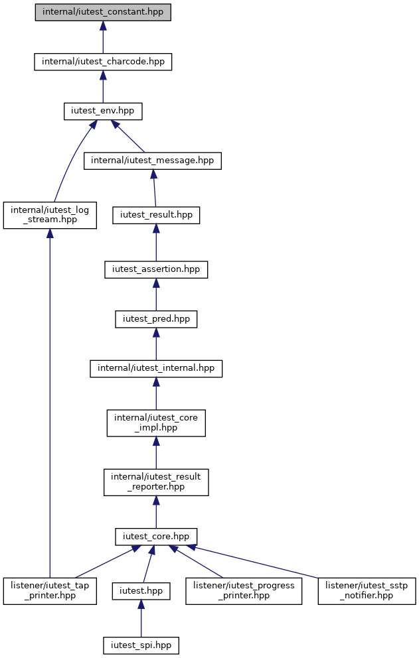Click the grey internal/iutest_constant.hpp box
pos(103,12)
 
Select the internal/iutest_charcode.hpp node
pos(103,62)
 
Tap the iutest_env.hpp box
pos(103,111)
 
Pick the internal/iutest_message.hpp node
pos(153,161)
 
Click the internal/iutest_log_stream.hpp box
pos(50,215)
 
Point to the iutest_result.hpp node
pos(156,216)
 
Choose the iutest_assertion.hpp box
pos(156,269)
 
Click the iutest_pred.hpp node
pos(156,319)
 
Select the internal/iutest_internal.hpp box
pos(156,368)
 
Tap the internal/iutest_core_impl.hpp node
pos(156,423)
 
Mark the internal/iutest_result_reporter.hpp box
pos(156,482)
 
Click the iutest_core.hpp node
pos(156,537)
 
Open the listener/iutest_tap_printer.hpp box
pos(50,591)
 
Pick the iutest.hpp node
pos(141,591)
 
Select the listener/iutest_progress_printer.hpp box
pos(244,591)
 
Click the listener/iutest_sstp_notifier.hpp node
pos(367,591)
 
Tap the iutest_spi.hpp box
pos(141,645)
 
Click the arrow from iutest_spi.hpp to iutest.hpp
pos(141,619)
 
